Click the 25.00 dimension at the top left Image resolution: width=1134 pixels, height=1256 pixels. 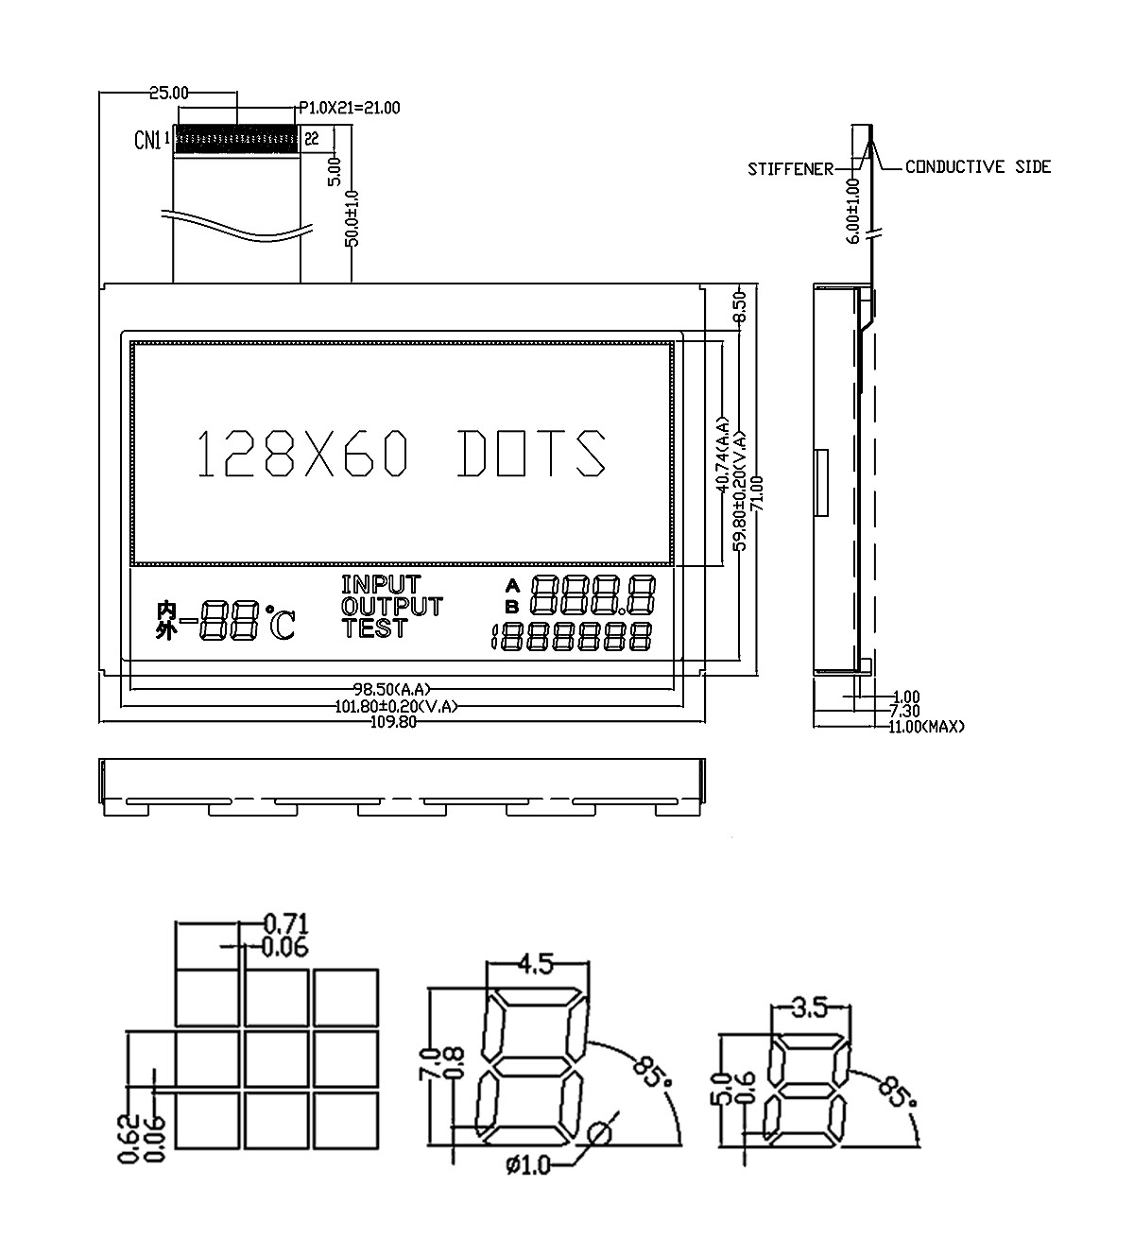(168, 94)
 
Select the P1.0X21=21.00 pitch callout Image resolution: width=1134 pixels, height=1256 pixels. (350, 109)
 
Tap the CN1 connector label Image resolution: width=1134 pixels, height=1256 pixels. (147, 140)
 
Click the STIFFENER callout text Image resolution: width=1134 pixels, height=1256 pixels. (791, 169)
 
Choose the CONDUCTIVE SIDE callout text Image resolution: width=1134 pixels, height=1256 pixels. (978, 166)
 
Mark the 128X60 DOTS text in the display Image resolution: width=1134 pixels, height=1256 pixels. (402, 454)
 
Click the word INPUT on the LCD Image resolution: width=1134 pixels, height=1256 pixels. (382, 584)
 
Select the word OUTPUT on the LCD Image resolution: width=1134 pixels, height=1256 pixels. (392, 606)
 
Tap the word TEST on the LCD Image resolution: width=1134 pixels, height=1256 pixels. (374, 628)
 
